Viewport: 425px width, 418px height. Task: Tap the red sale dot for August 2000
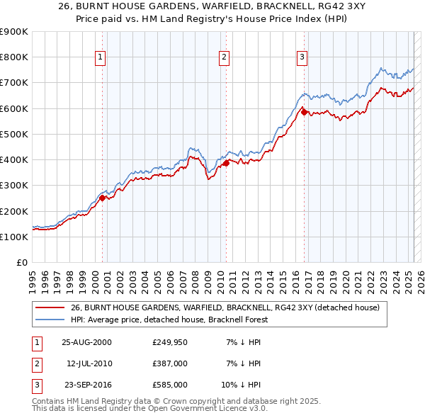click(102, 198)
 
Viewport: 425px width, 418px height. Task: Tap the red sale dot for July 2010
click(226, 163)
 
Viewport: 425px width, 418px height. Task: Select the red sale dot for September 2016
click(304, 111)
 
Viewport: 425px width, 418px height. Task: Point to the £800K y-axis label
click(13, 57)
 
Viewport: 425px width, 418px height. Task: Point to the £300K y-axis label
click(13, 186)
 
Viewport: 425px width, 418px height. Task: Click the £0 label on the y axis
click(21, 263)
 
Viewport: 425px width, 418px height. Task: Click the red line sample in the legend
click(50, 307)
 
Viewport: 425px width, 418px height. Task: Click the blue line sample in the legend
click(50, 320)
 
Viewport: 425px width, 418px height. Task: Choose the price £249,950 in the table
click(170, 342)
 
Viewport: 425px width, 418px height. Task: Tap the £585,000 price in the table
click(170, 385)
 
